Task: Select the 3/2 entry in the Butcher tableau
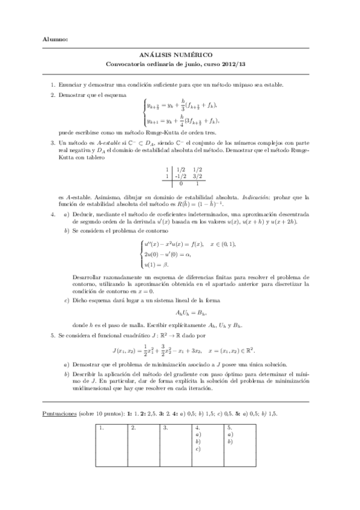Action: tap(196, 177)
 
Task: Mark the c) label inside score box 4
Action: tap(198, 449)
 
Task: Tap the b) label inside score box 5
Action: tap(230, 441)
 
